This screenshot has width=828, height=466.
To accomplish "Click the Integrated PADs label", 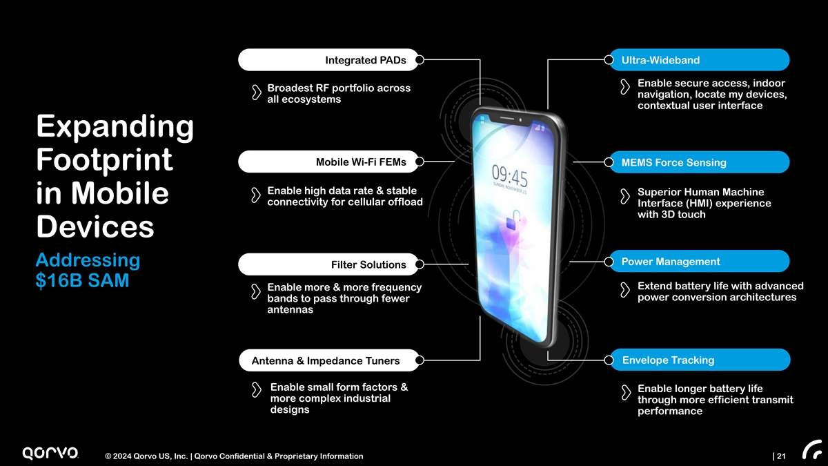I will [x=365, y=60].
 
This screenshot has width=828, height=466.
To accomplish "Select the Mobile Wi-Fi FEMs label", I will [x=361, y=162].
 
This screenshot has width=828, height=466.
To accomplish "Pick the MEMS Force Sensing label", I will [x=673, y=163].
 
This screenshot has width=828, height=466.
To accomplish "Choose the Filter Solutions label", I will [x=368, y=264].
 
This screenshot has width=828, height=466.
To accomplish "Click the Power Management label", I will [x=671, y=262].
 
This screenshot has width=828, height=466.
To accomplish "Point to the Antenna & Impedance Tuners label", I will [x=326, y=360].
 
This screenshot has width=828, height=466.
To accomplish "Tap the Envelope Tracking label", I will [x=668, y=360].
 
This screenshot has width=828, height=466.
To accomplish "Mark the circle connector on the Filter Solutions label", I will [x=419, y=264].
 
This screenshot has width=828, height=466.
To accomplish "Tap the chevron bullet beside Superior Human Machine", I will [x=625, y=197].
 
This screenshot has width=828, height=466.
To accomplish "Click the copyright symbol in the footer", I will [x=108, y=456].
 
